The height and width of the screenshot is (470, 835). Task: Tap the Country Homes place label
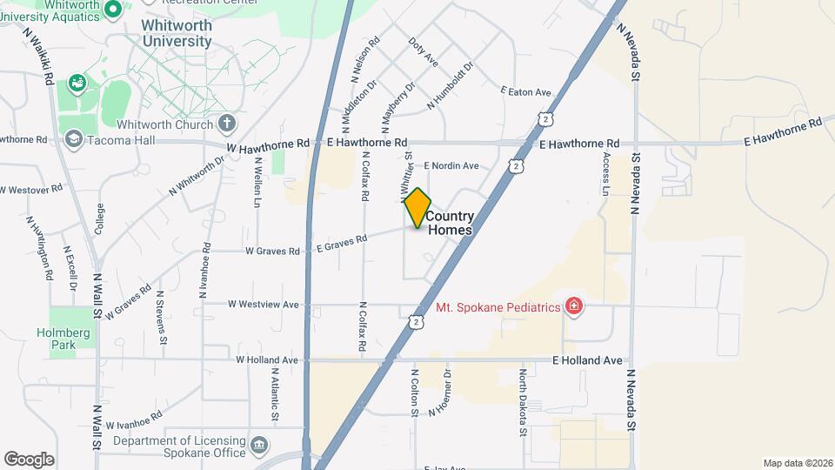pyautogui.click(x=450, y=224)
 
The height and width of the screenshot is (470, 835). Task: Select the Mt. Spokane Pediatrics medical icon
pyautogui.click(x=573, y=305)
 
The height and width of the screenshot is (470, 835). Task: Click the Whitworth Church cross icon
pyautogui.click(x=226, y=124)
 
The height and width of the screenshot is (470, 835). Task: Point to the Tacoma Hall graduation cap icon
pyautogui.click(x=74, y=139)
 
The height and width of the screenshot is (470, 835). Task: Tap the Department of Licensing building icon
pyautogui.click(x=258, y=446)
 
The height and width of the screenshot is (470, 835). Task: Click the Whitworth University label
pyautogui.click(x=177, y=34)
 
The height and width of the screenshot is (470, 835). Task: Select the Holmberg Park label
pyautogui.click(x=57, y=339)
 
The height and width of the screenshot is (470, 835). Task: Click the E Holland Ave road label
pyautogui.click(x=588, y=359)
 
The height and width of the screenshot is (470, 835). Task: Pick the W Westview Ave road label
pyautogui.click(x=263, y=305)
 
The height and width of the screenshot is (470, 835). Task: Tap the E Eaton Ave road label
pyautogui.click(x=526, y=91)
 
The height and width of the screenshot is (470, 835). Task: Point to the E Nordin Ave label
pyautogui.click(x=451, y=165)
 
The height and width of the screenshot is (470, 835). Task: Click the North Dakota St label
pyautogui.click(x=523, y=402)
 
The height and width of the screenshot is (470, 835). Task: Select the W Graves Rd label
pyautogui.click(x=272, y=252)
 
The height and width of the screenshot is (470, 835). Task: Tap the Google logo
pyautogui.click(x=29, y=460)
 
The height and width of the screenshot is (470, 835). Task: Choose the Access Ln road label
pyautogui.click(x=606, y=173)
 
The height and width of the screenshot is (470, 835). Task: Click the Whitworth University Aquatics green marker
pyautogui.click(x=112, y=10)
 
